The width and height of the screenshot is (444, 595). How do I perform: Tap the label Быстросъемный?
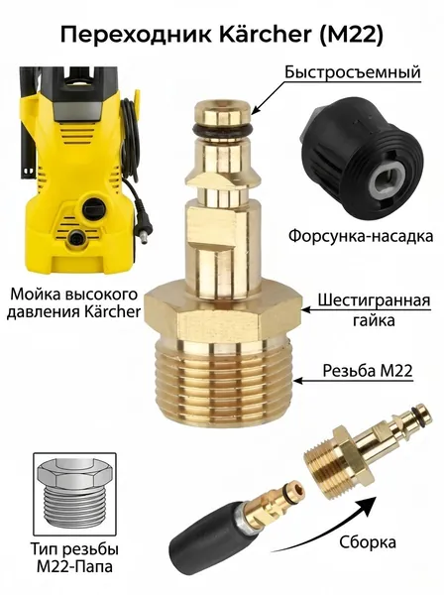[x=353, y=71]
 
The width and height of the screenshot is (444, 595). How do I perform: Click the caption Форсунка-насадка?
[x=361, y=236]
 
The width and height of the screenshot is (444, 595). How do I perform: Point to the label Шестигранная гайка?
[x=374, y=310]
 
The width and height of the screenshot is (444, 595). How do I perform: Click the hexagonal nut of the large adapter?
[x=223, y=312]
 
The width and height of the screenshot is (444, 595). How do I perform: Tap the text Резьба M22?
[x=368, y=370]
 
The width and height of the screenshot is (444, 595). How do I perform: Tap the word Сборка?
[x=368, y=542]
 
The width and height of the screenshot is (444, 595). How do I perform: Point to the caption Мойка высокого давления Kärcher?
[x=74, y=303]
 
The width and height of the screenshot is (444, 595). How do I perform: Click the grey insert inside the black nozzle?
[x=380, y=182]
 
